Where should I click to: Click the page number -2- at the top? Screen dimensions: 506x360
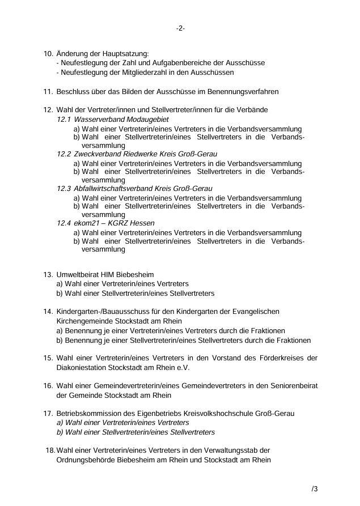click(x=180, y=28)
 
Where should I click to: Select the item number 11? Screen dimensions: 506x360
click(x=48, y=91)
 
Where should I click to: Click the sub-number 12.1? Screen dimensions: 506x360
click(x=64, y=120)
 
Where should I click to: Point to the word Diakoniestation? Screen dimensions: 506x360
click(x=82, y=367)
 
